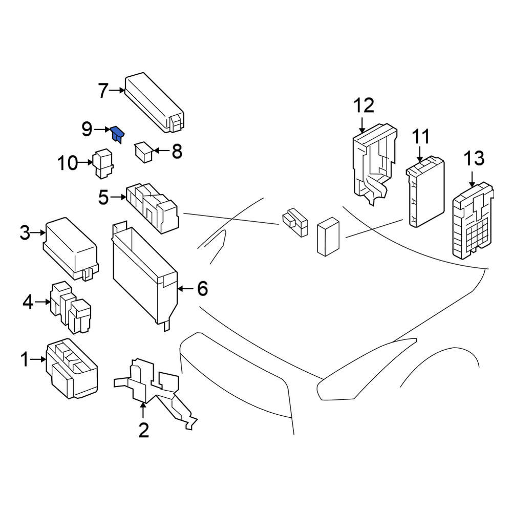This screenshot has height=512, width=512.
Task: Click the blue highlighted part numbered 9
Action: point(118,134)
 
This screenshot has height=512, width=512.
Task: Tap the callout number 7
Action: point(103,91)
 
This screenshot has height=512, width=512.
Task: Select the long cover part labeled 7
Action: point(154,102)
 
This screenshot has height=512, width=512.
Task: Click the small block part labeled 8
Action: point(144,152)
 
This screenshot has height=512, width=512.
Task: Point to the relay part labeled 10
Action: point(103,164)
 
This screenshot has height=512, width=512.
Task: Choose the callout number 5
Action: point(103,197)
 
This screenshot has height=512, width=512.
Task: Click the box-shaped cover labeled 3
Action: point(71,249)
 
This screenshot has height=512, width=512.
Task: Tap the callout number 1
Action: point(25,359)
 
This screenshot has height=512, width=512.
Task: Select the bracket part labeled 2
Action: point(156,393)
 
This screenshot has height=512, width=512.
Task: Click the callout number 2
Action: point(144,430)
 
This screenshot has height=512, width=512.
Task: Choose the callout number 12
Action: point(364,105)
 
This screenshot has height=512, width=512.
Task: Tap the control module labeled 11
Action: point(425,191)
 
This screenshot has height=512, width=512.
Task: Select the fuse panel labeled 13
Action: point(473,221)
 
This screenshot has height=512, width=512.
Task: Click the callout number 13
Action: point(474,158)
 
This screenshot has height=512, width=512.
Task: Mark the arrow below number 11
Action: point(420,154)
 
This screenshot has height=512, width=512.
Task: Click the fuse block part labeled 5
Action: point(152,208)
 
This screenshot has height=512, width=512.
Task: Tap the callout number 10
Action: point(68,163)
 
